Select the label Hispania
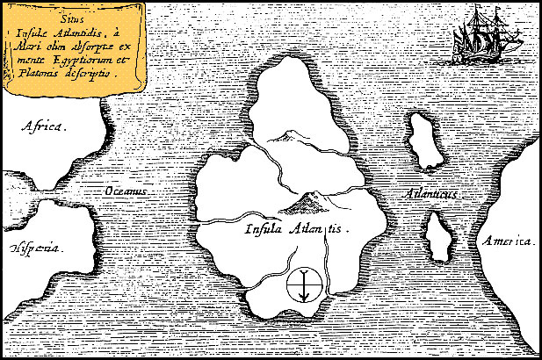click(36, 248)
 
